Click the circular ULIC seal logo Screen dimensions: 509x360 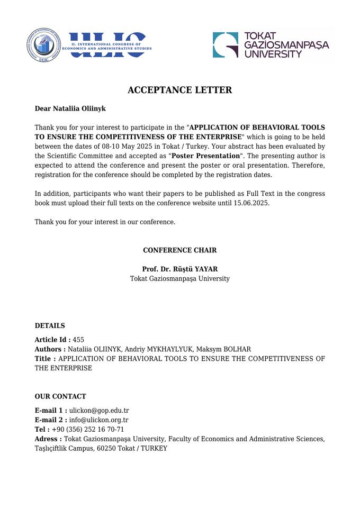(x=44, y=46)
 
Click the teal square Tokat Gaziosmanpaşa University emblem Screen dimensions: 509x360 (x=226, y=45)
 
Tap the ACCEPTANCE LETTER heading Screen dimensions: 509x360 (x=179, y=90)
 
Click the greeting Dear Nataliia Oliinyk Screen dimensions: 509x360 (x=70, y=108)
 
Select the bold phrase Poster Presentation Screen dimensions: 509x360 (x=205, y=156)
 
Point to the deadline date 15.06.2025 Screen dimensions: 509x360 (x=251, y=203)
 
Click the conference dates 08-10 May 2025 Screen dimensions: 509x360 (x=127, y=146)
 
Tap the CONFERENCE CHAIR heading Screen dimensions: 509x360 (x=179, y=250)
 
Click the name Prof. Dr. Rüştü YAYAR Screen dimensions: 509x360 (x=179, y=269)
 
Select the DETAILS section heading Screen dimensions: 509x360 (x=50, y=325)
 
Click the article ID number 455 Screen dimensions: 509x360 (x=78, y=340)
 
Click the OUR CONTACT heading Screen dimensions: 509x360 (x=60, y=396)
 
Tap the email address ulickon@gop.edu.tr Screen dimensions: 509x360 (x=99, y=411)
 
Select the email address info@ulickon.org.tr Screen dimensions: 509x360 (x=99, y=420)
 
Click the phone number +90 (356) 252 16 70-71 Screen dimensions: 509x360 (x=88, y=430)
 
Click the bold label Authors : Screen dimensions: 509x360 (x=50, y=349)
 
